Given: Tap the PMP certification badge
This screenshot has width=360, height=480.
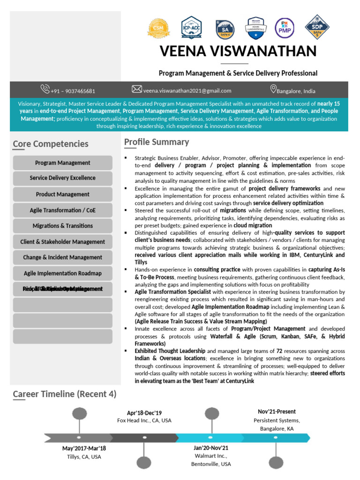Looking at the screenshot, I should click(x=284, y=29).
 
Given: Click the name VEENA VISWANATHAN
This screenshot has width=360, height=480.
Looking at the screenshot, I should click(x=238, y=51).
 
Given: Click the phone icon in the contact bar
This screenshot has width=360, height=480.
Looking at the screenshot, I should click(x=45, y=89).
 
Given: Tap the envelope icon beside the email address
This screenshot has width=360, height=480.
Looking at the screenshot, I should click(x=136, y=89).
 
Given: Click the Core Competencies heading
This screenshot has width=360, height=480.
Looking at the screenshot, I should click(x=51, y=144).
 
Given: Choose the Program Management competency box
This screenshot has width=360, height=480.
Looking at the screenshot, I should click(x=63, y=163).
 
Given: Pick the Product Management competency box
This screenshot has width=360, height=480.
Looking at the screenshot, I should click(x=63, y=194).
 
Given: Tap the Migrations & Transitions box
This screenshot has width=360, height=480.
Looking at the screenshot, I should click(x=63, y=225).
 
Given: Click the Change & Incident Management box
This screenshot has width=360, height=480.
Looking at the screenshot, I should click(x=63, y=257).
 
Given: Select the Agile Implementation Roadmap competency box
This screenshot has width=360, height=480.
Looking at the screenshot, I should click(x=63, y=273).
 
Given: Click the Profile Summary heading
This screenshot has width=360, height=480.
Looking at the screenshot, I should click(x=157, y=142).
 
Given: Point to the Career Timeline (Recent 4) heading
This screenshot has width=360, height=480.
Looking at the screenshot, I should click(x=65, y=394).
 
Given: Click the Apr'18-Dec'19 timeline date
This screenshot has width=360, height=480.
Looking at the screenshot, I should click(x=144, y=413).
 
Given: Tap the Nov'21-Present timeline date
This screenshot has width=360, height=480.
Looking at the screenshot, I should click(x=277, y=411).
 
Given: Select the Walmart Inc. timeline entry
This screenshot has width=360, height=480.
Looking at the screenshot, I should click(x=211, y=456).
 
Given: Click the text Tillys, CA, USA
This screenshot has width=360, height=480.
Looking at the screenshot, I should click(x=84, y=457).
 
